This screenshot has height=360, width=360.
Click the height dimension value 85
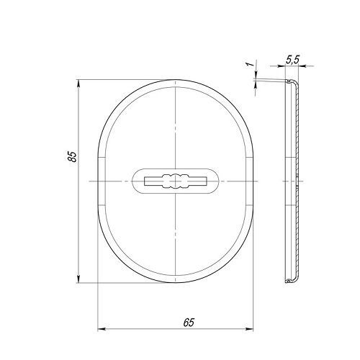coord(73,156)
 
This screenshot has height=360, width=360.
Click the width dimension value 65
coord(189,323)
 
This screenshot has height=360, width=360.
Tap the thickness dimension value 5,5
coord(292,59)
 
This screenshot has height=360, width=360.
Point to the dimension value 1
coord(251,64)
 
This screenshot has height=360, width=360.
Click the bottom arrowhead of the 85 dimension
coord(78,279)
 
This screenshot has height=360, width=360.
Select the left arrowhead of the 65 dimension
coord(102,329)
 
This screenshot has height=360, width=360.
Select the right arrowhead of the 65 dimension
coord(250,329)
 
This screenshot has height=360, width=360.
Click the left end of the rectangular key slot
coord(145,181)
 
